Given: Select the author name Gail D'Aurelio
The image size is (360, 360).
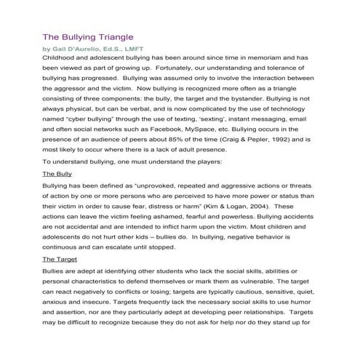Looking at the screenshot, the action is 79,49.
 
